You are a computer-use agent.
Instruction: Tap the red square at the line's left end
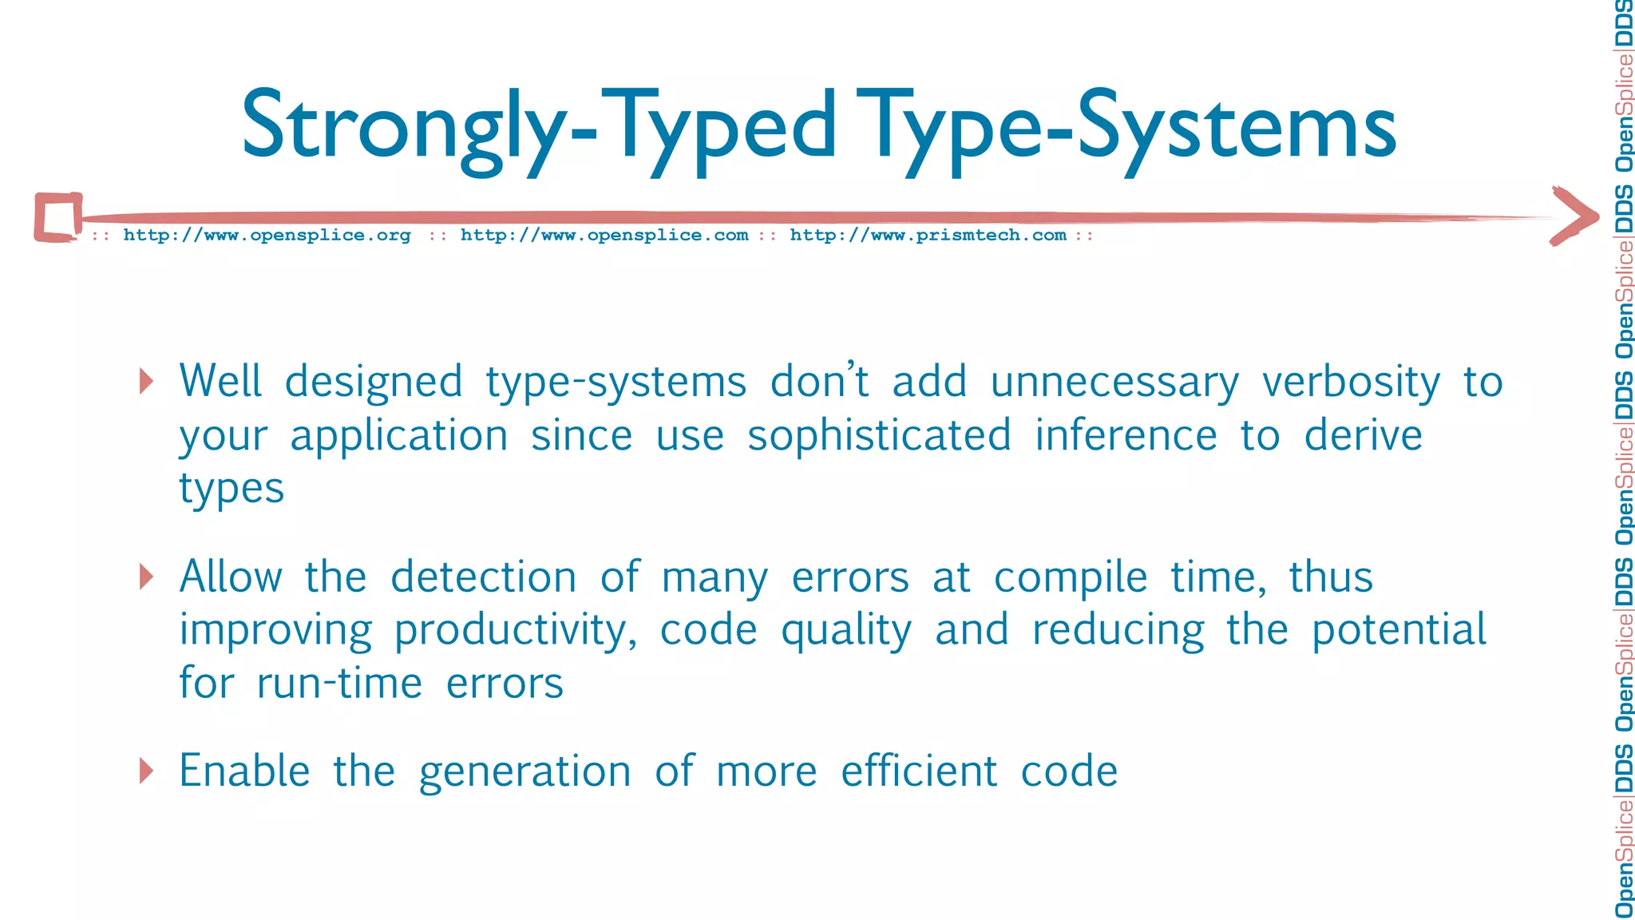click(58, 217)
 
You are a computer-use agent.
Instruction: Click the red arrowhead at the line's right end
click(1574, 216)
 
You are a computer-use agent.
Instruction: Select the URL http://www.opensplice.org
click(267, 236)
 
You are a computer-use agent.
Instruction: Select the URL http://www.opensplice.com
click(604, 236)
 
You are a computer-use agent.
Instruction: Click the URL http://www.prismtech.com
click(928, 236)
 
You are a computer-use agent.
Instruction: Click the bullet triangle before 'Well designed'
click(145, 381)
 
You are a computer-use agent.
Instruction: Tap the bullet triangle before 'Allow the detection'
click(145, 576)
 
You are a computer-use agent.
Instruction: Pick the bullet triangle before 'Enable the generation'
click(145, 771)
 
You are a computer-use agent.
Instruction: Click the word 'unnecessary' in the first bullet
click(1114, 383)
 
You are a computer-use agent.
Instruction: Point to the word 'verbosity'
click(1351, 383)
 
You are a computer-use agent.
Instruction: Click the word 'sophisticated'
click(879, 436)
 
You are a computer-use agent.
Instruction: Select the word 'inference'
click(1126, 436)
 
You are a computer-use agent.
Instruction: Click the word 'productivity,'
click(516, 631)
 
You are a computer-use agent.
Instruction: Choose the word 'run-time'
click(339, 684)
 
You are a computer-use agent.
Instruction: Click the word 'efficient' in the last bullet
click(919, 771)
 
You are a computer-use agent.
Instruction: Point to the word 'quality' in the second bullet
click(846, 631)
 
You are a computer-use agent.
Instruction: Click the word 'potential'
click(1399, 631)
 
